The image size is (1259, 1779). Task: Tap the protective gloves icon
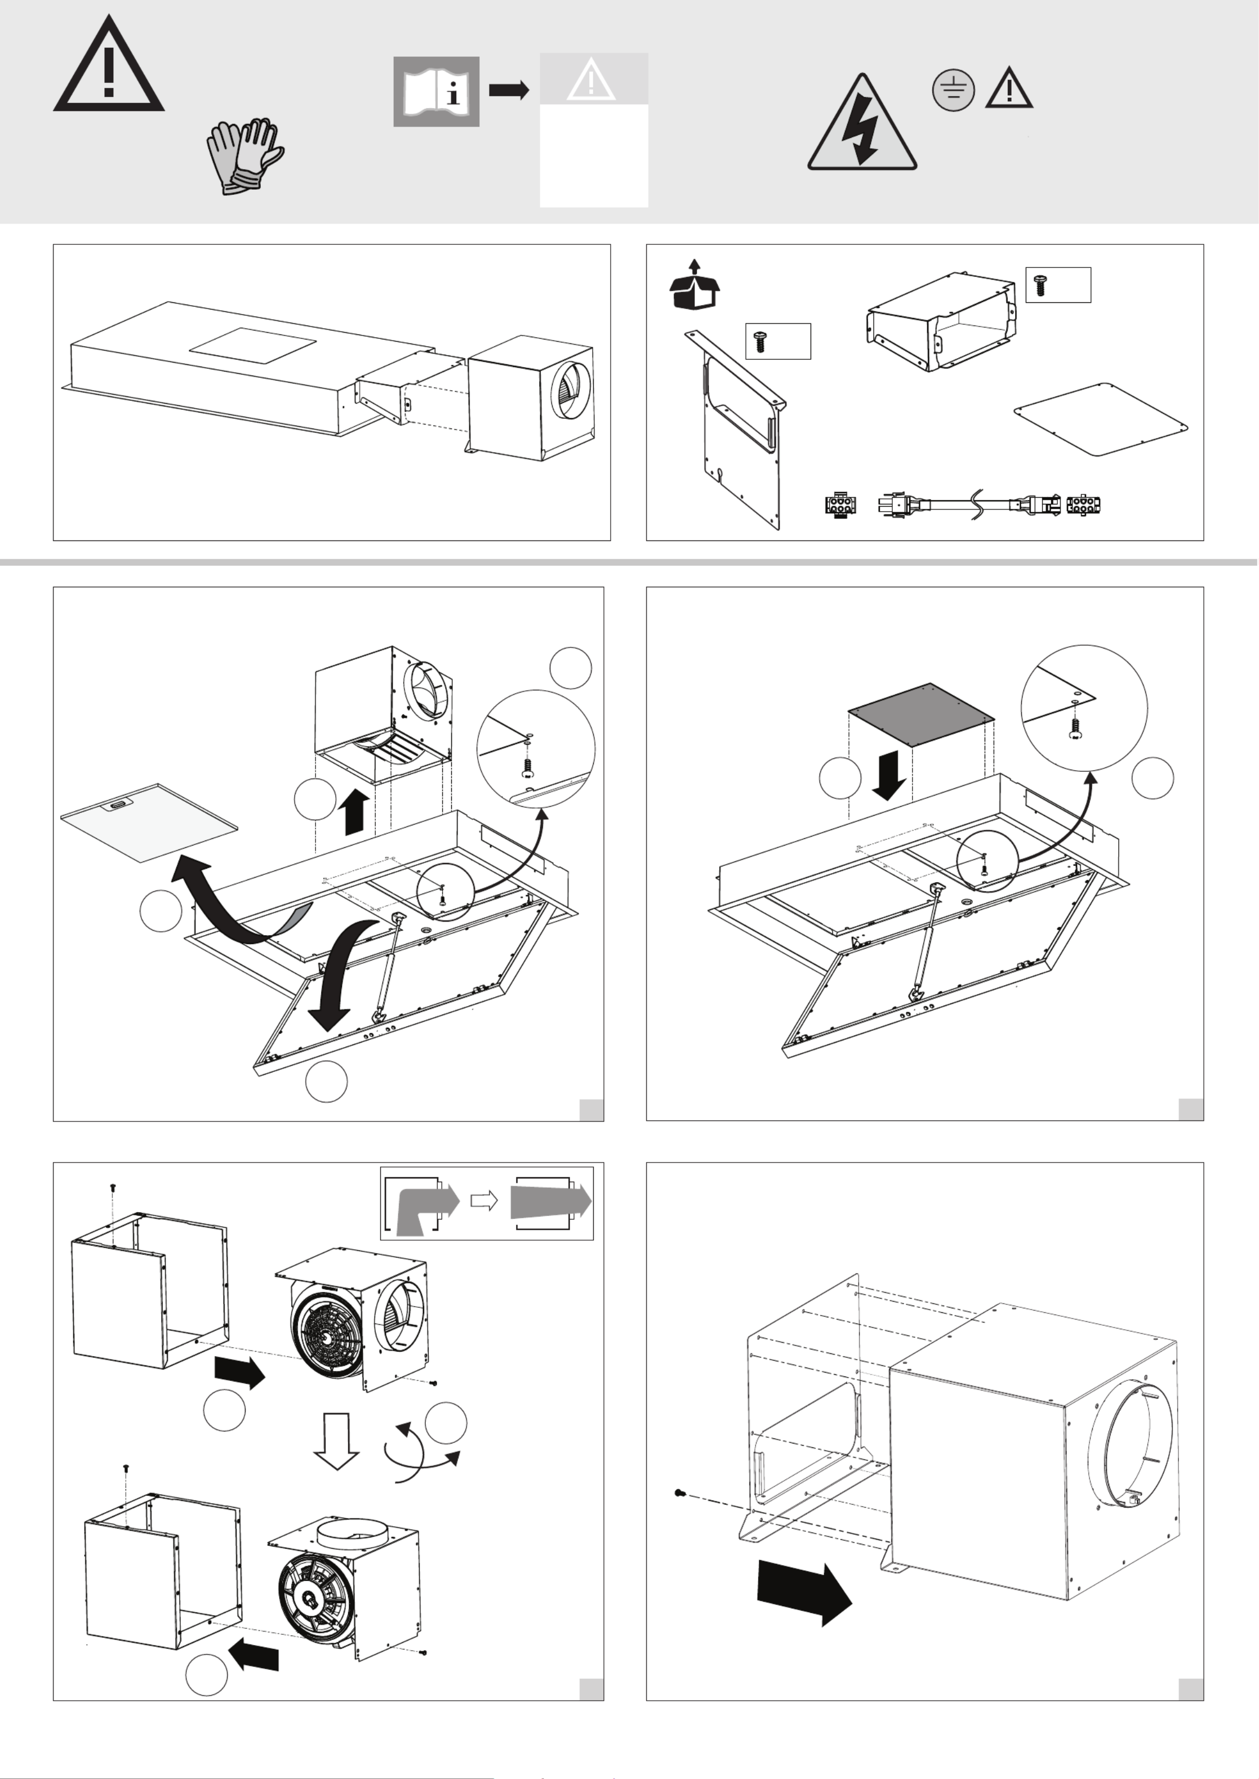click(243, 156)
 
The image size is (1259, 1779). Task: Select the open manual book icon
click(435, 91)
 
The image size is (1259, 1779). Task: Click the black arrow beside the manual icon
click(509, 90)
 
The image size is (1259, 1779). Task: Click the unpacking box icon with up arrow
click(694, 285)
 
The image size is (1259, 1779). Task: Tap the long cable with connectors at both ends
click(969, 504)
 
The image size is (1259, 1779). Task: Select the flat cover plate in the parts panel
click(1101, 419)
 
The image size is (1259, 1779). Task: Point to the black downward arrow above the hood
click(888, 775)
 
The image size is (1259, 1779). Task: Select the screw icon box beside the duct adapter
click(1057, 285)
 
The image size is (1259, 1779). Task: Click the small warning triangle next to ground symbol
click(1008, 89)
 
